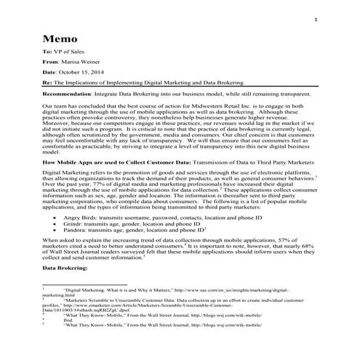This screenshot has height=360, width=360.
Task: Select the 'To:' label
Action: point(47,53)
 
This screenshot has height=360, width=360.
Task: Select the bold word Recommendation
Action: point(71,95)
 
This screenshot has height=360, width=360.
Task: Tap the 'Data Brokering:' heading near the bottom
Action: point(65,268)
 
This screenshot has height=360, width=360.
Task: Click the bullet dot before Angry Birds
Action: point(55,217)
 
